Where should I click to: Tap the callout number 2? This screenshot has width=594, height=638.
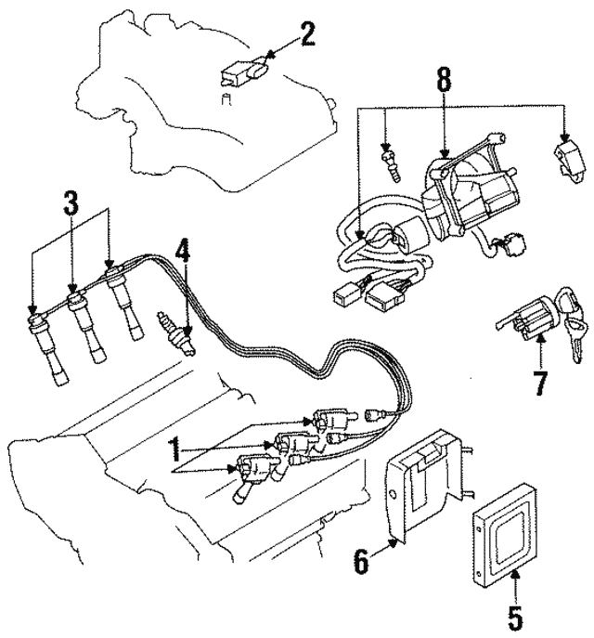(307, 35)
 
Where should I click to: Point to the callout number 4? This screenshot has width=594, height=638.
(183, 252)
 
